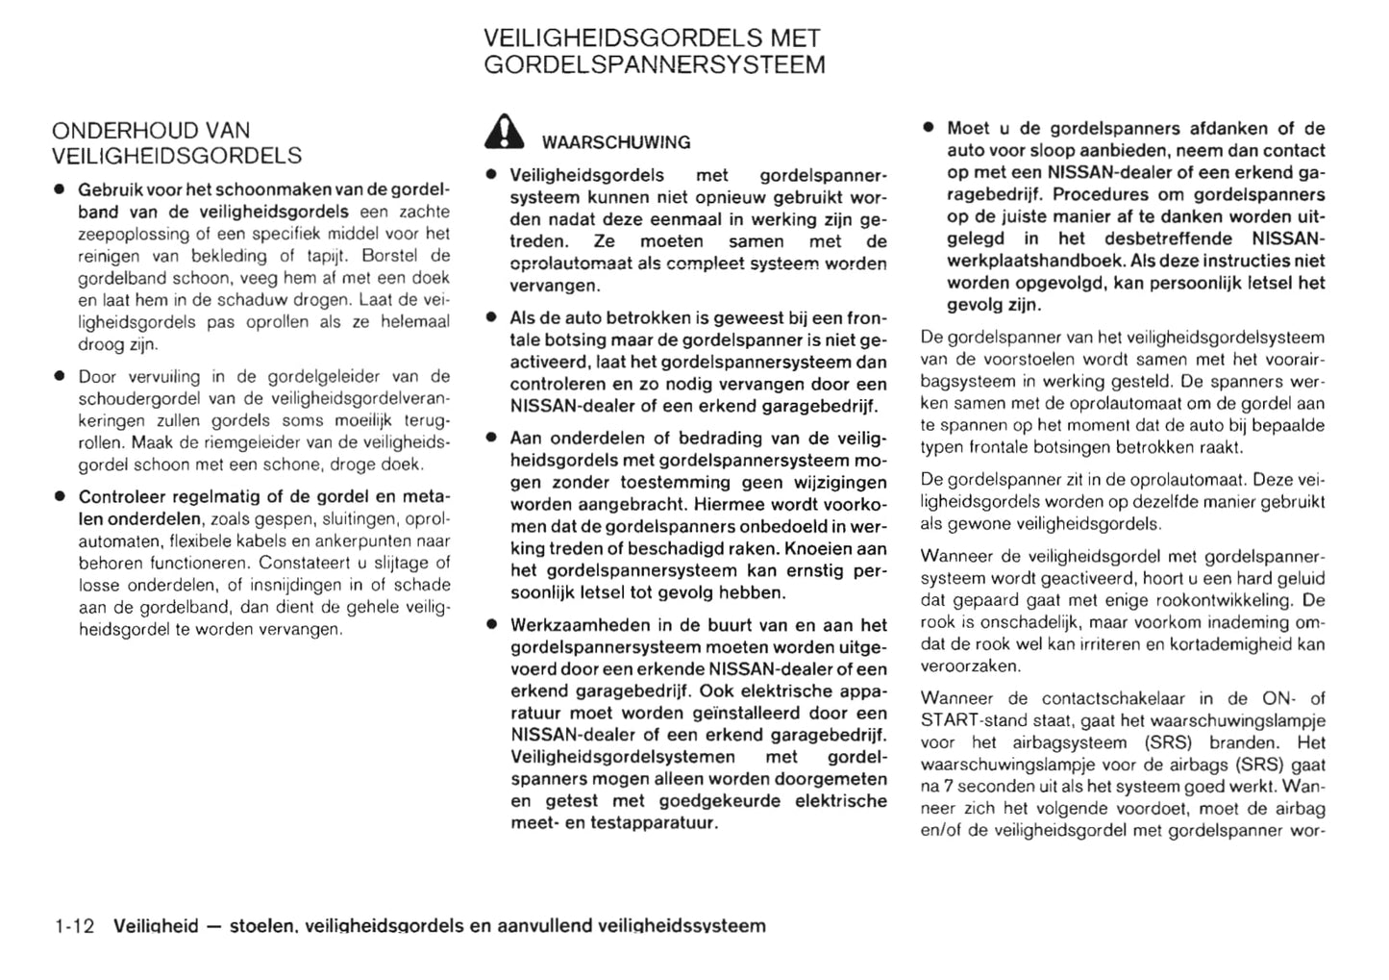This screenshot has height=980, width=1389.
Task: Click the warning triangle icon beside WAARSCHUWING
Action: pyautogui.click(x=505, y=133)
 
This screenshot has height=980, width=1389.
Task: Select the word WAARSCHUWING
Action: pyautogui.click(x=616, y=142)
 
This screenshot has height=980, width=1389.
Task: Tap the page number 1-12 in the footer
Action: pyautogui.click(x=75, y=926)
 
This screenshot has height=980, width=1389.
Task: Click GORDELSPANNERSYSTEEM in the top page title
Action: pyautogui.click(x=654, y=65)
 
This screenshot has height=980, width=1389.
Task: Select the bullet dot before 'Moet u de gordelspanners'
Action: pyautogui.click(x=929, y=127)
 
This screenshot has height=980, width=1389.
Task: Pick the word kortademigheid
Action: pyautogui.click(x=1244, y=644)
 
